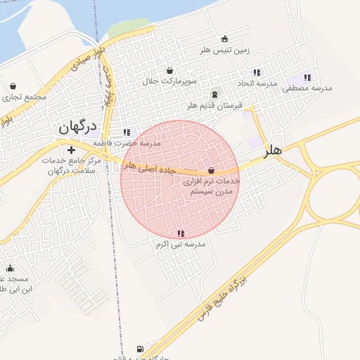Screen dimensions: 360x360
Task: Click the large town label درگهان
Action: [x=73, y=128]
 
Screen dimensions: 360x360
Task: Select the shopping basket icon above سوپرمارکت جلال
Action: [x=170, y=70]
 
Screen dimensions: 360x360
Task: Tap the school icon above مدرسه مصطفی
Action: [x=307, y=77]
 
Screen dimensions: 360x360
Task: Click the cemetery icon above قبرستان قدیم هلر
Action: [x=214, y=94]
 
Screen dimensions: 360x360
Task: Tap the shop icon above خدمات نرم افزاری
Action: [x=211, y=170]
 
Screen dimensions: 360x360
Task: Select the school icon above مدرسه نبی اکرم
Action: [x=181, y=233]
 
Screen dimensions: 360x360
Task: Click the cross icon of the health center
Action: [x=70, y=150]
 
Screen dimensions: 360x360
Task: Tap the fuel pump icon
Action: [x=139, y=349]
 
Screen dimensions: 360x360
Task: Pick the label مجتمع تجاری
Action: [x=25, y=96]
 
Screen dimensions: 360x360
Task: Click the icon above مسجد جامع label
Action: [x=10, y=268]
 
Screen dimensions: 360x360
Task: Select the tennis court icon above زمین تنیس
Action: [x=224, y=39]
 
